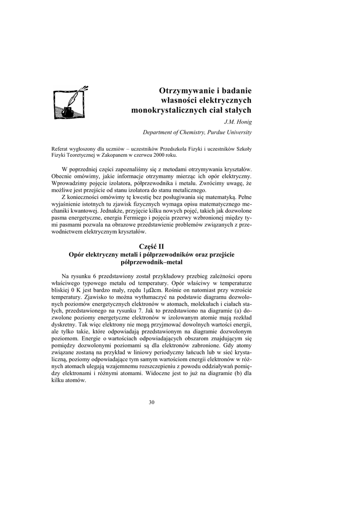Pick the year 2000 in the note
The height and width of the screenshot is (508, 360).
(165, 154)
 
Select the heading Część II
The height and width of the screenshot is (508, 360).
(151, 246)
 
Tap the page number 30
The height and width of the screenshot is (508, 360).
(151, 402)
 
